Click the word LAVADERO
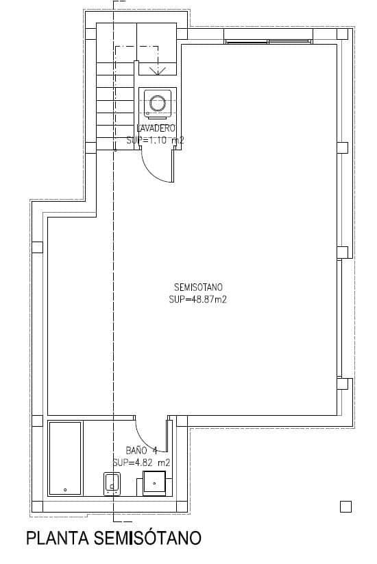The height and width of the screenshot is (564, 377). pos(156,128)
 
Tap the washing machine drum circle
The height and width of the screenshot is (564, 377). pos(157,103)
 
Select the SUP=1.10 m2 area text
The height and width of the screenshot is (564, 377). pos(156,140)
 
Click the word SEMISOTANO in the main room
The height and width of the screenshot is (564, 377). pos(198,287)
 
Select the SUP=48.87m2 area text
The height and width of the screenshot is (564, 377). pos(198,300)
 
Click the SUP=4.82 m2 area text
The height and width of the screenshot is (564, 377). pos(141,462)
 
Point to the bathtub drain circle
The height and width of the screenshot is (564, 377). pos(65,490)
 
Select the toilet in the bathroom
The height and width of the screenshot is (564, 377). pos(111,484)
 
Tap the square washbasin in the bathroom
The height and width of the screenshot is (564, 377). pos(155,482)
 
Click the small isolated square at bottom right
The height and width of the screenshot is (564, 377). pos(345,507)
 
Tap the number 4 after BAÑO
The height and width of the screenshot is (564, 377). pos(155,451)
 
